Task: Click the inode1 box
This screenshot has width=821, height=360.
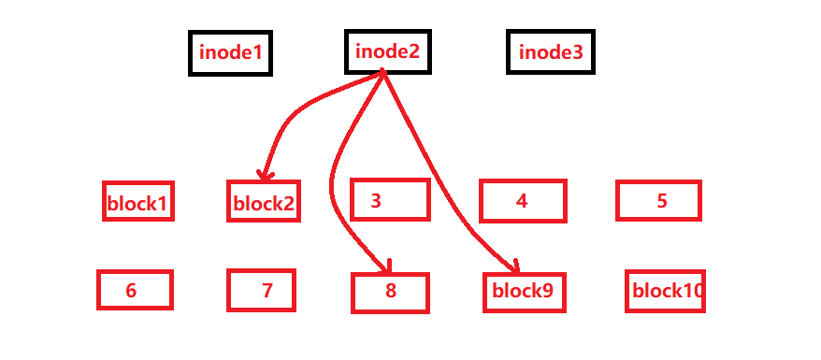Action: [x=230, y=53]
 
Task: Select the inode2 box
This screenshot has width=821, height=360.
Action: [x=388, y=50]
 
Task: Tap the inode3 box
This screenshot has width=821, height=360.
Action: [x=551, y=52]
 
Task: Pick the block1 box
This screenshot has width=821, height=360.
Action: [x=138, y=202]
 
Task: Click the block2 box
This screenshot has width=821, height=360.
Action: [x=264, y=202]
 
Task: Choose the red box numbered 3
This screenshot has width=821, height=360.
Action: [x=390, y=200]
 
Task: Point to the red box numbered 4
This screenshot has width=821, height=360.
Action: [x=523, y=201]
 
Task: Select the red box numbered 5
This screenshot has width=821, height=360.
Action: [x=658, y=200]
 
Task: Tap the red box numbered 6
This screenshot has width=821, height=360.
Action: [x=135, y=290]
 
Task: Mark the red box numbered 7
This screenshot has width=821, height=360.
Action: [x=261, y=290]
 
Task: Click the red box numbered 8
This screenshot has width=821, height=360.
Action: [x=390, y=292]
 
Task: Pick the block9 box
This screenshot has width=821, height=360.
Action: [x=524, y=291]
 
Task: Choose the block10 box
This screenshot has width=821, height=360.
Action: [x=665, y=291]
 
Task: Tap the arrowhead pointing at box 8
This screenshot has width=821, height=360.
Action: [x=385, y=269]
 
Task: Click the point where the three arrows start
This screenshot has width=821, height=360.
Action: [x=384, y=73]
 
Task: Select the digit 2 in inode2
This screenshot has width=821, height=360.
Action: [x=413, y=50]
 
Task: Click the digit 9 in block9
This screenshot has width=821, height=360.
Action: [x=547, y=291]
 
